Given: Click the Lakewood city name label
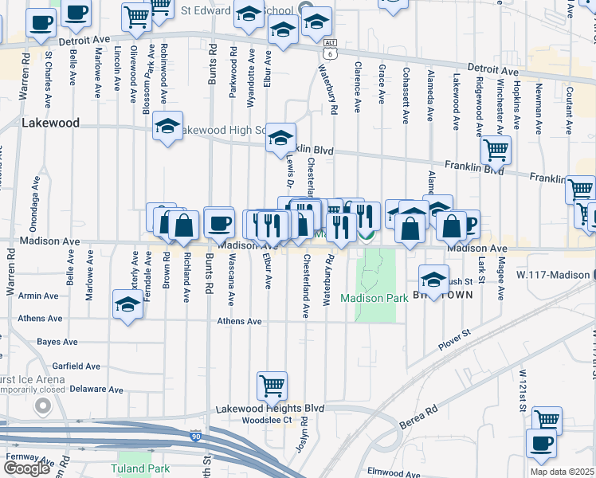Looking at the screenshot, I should pos(51,123).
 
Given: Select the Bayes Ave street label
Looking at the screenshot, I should pos(57,342).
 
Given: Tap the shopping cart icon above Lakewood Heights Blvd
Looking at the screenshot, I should pos(272,386).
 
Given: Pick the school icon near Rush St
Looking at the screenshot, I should pos(433,280).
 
